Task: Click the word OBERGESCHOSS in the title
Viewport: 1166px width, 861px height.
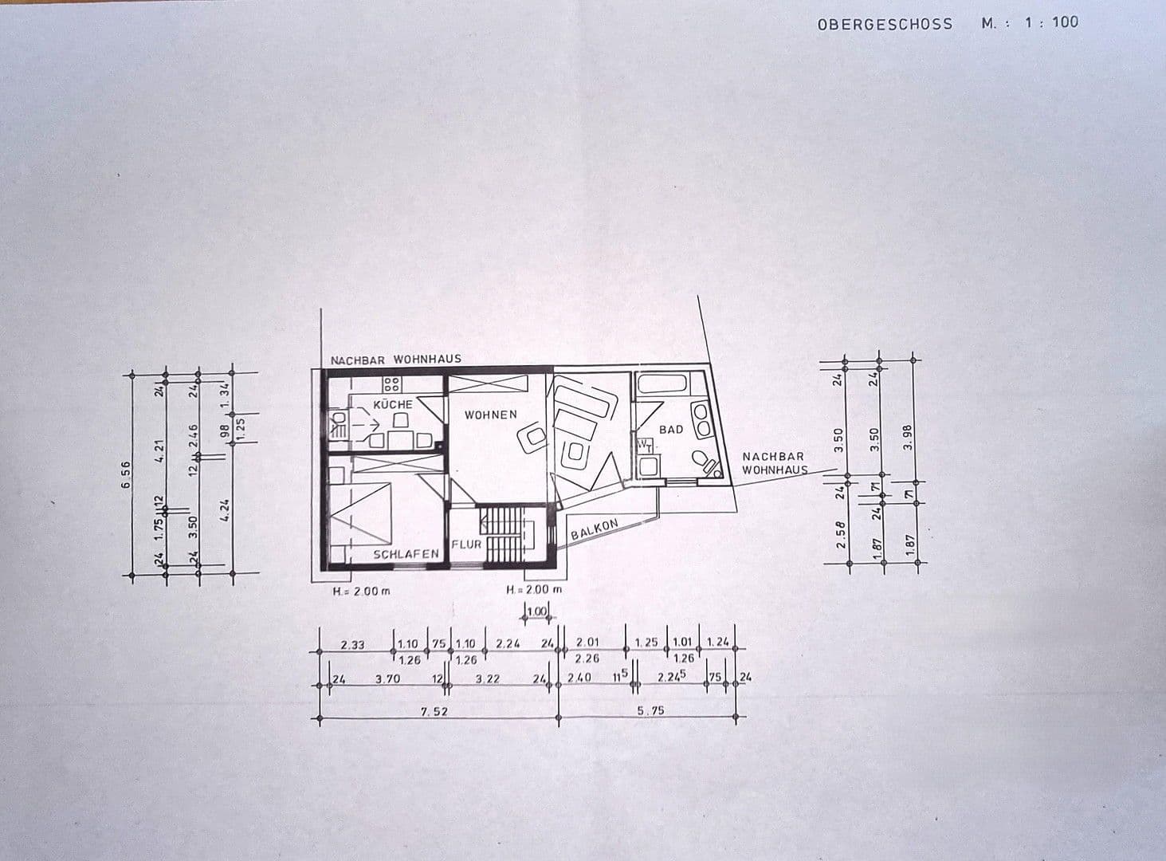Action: pos(885,24)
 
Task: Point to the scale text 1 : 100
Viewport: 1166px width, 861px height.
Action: pos(1051,22)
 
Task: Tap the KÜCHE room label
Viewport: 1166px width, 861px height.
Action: pos(393,404)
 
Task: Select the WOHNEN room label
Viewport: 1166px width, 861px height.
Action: pos(491,415)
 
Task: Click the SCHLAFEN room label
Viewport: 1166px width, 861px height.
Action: pos(407,553)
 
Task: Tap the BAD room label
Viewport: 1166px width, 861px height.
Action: pos(671,430)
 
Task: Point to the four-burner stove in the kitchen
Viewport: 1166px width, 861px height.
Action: pos(391,387)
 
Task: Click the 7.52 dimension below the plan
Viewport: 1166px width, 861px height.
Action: pos(433,711)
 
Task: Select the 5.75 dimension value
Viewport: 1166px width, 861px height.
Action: pos(651,711)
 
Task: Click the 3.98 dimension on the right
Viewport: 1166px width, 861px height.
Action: pos(909,435)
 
